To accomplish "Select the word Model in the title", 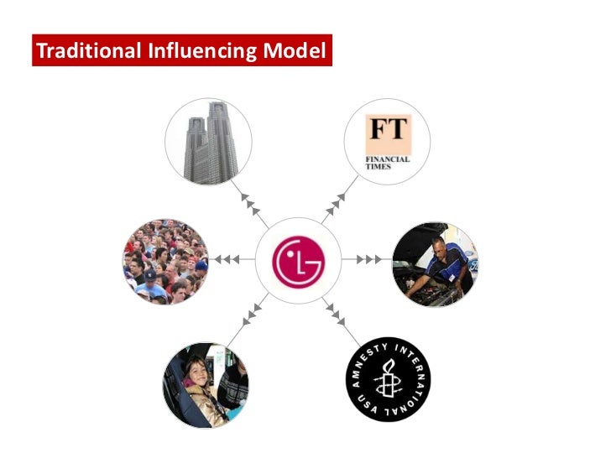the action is [x=294, y=51].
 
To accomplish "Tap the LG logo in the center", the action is [x=298, y=260].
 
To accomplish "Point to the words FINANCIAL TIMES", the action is [x=387, y=159].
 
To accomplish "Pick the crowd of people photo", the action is [x=165, y=261].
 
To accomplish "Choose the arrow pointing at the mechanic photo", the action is [x=370, y=260].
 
